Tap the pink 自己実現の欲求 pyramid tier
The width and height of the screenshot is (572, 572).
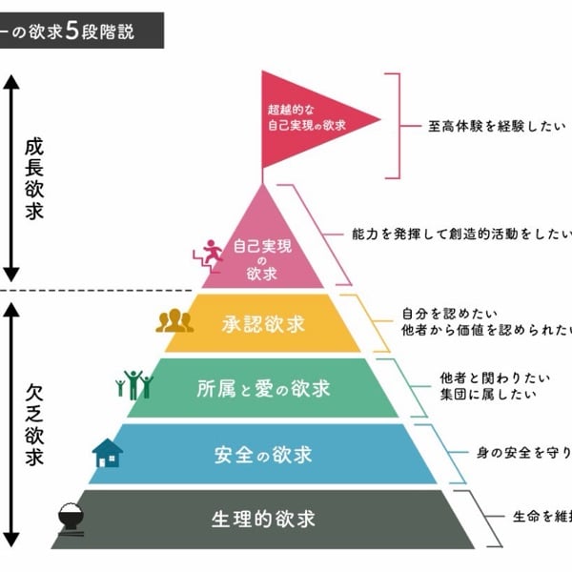261,254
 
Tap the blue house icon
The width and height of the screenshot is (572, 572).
107,453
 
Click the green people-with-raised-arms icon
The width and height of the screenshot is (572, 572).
133,384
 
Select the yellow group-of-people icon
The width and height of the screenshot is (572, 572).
174,321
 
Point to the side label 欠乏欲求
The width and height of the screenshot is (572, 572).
34,424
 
